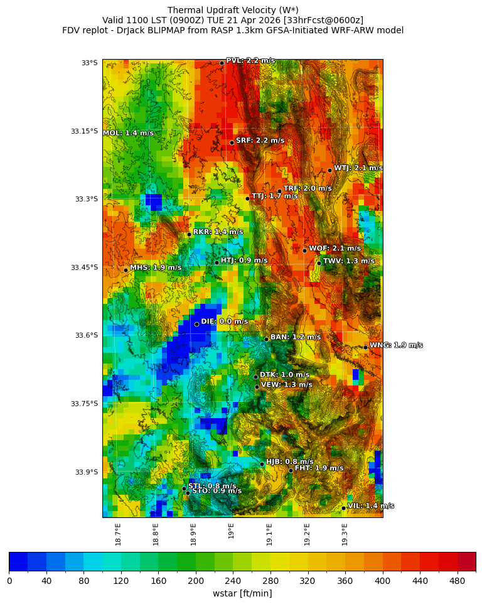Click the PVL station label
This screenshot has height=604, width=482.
pos(250,61)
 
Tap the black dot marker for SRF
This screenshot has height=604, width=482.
pos(232,143)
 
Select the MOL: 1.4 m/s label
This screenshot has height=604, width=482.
pos(128,133)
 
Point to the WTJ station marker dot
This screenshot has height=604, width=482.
pos(329,170)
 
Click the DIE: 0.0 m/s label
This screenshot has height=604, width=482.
pos(224,321)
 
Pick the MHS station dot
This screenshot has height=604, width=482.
pos(126,270)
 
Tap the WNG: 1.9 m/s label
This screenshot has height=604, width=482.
pos(395,345)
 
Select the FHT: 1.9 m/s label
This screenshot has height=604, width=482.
pos(319,468)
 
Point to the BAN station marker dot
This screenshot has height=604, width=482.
pos(266,339)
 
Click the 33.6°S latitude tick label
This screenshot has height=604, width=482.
pos(85,335)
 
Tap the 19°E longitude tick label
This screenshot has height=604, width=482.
pos(231,531)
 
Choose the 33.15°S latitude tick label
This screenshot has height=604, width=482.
pos(84,131)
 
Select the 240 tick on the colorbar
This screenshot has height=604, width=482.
pos(158,581)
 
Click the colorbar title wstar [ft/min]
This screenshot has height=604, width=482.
pos(242,593)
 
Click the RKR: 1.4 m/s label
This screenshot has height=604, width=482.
pos(218,232)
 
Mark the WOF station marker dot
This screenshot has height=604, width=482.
pos(304,251)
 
